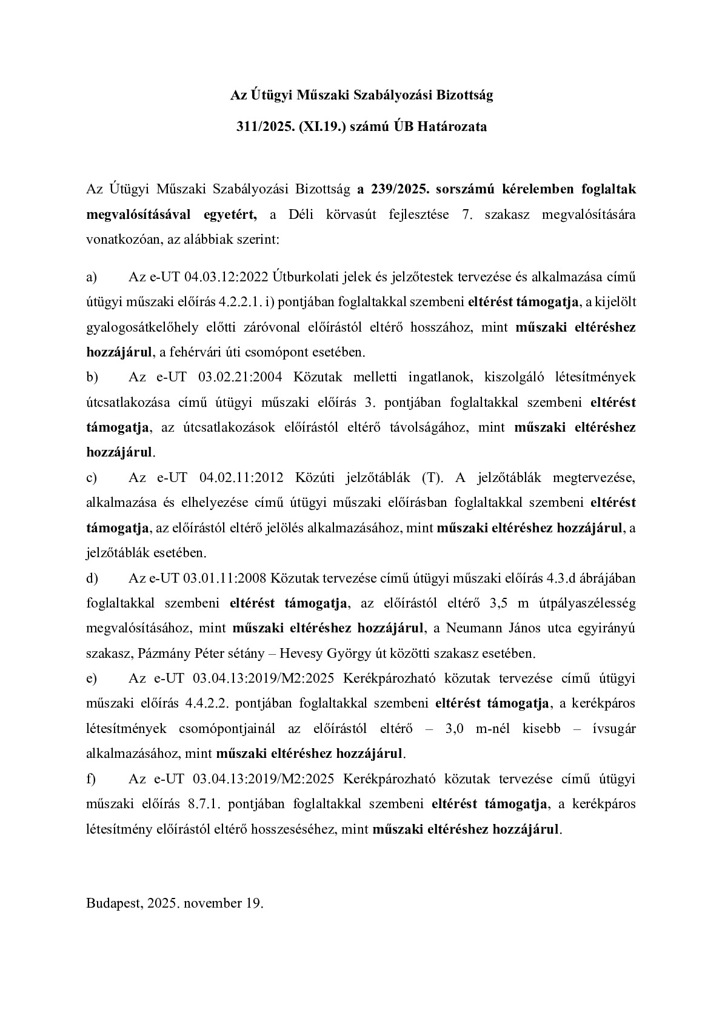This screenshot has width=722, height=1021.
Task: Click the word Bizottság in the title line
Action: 465,95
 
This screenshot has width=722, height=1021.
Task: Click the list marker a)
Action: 92,277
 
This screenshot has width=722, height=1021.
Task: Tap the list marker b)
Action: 92,377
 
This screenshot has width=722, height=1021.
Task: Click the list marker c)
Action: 92,477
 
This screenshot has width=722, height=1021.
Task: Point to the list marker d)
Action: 92,578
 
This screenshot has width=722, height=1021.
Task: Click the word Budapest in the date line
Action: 113,903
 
